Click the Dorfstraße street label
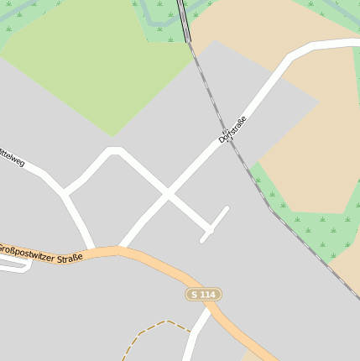point(234,129)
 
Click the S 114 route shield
point(203,294)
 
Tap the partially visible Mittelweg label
point(12,157)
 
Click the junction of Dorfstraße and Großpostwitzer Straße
point(122,249)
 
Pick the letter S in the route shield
point(195,294)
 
